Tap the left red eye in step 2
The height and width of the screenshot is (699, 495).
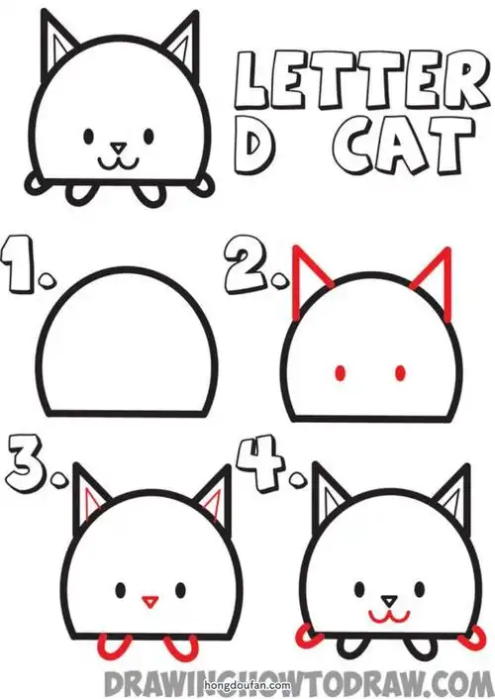pyautogui.click(x=341, y=373)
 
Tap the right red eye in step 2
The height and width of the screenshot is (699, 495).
pyautogui.click(x=401, y=373)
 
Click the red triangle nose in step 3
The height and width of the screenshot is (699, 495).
pyautogui.click(x=149, y=599)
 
